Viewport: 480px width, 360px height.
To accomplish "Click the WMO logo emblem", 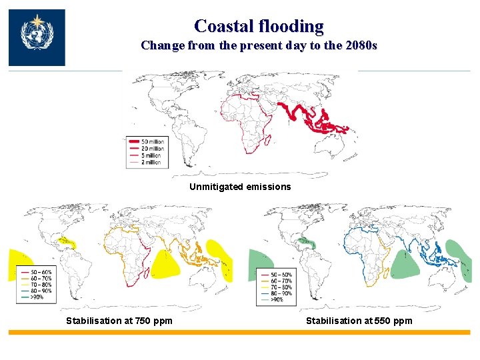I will point(37,37).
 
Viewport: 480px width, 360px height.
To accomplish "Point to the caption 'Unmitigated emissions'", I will point(240,187).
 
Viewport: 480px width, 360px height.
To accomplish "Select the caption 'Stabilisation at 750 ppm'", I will point(119,321).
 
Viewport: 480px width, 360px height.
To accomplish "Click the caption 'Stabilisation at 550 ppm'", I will point(359,321).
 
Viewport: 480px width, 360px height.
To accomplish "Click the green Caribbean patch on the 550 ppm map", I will point(307,241).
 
